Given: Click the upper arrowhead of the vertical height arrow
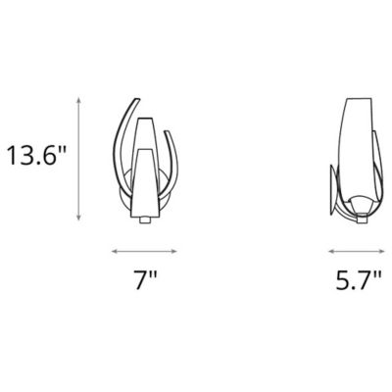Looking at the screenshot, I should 77,98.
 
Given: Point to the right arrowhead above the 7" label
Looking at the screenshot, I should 177,248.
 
